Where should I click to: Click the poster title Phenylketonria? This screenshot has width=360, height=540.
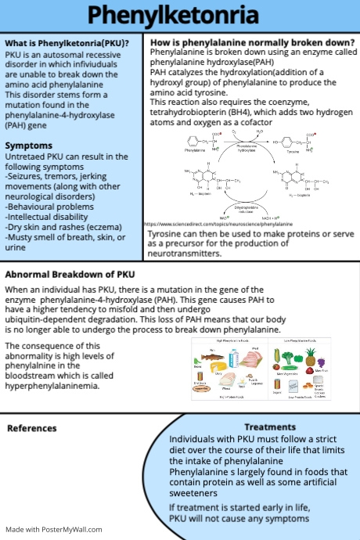pos(180,16)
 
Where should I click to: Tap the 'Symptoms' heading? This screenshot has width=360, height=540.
pos(28,146)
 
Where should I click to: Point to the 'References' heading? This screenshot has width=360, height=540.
pos(31,428)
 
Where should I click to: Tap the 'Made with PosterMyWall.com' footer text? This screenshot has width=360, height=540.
pos(53,530)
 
